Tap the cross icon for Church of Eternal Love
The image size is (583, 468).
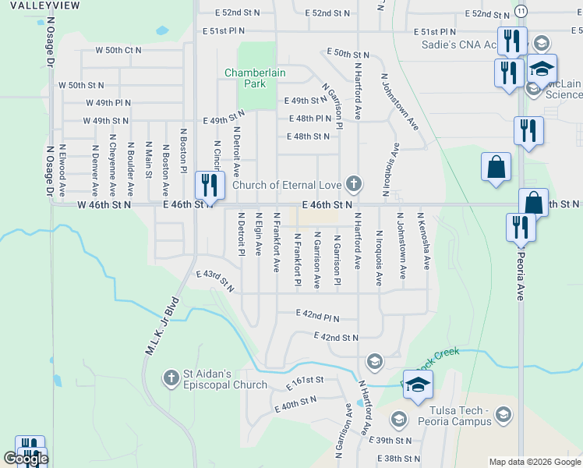[354, 184]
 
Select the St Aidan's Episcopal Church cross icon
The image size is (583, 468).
[171, 378]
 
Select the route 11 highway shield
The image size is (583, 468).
[521, 11]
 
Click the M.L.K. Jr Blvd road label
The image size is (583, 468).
[162, 327]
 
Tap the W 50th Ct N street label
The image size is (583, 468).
[118, 50]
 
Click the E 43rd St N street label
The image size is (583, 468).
[215, 280]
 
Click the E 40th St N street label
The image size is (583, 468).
[295, 403]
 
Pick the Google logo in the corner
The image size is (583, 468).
[26, 459]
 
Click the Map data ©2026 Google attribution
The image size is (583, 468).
[535, 462]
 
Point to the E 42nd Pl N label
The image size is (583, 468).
[318, 315]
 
